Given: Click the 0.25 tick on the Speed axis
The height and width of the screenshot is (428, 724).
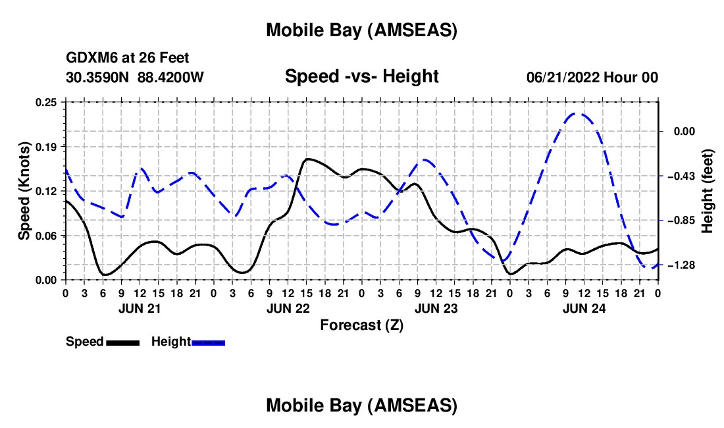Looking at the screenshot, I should (49, 101).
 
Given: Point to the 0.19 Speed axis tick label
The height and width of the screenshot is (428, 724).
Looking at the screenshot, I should (49, 146).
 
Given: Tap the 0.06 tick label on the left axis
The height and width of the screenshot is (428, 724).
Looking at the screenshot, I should (49, 236).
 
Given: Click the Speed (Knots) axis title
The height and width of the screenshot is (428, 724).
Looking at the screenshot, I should (25, 191).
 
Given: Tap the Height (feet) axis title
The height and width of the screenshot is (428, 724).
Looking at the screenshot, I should (708, 191).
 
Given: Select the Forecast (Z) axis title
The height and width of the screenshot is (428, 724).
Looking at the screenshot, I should (361, 325).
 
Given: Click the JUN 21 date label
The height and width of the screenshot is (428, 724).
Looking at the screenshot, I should (139, 308).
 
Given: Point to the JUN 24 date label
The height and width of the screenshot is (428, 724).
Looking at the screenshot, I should (583, 308).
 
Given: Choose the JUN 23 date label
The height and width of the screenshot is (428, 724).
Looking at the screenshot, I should (435, 308).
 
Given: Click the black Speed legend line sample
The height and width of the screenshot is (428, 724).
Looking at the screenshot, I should (122, 342).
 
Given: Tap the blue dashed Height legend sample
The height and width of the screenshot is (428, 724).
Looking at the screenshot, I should (208, 342).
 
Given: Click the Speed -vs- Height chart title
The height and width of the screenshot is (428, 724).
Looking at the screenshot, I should (361, 77).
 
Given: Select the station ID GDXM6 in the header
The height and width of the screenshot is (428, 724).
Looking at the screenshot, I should (89, 59).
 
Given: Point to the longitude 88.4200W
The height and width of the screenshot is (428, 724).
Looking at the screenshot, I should (170, 78).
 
